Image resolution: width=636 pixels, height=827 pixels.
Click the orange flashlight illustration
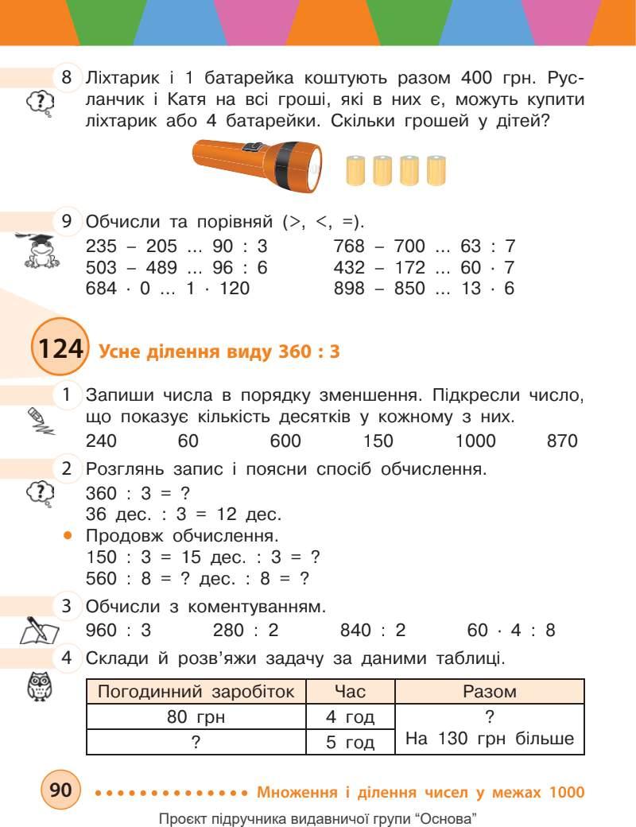[259, 164]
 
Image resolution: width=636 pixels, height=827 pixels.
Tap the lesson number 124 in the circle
[58, 351]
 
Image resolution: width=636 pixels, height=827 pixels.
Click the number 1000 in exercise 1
[475, 441]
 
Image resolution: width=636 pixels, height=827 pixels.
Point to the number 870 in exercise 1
[562, 441]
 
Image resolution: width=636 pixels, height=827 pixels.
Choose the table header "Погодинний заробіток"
[196, 692]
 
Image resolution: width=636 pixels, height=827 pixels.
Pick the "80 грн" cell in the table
[196, 717]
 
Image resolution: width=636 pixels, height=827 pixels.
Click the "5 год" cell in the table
[350, 742]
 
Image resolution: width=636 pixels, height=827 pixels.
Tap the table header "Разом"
[489, 692]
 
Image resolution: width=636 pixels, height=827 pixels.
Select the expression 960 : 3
[118, 631]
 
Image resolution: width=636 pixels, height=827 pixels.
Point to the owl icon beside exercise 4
[39, 686]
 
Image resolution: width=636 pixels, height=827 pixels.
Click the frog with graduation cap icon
[37, 250]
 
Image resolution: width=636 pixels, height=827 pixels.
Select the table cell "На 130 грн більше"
[489, 739]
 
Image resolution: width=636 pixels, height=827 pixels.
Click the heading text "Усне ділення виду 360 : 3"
[219, 352]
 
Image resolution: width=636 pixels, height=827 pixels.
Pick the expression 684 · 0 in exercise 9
[118, 289]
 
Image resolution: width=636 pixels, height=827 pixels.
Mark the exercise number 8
[67, 79]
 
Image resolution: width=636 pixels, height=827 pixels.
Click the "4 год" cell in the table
[350, 717]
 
